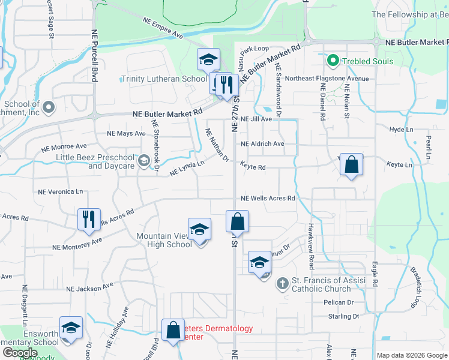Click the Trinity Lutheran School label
coord(164,79)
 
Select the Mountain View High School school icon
coord(200,229)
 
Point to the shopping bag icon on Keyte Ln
coord(351,164)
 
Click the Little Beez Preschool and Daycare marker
coord(143,161)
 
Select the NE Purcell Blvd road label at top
coord(95,56)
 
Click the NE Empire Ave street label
coord(163,28)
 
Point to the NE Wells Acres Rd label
coord(268,199)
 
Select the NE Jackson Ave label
coord(89,289)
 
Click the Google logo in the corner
coord(20,353)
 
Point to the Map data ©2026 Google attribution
coord(411,355)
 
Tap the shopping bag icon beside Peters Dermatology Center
coord(173,329)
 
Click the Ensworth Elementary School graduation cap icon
coord(71,328)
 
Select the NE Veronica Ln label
coord(60,192)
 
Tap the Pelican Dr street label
coord(339,302)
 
